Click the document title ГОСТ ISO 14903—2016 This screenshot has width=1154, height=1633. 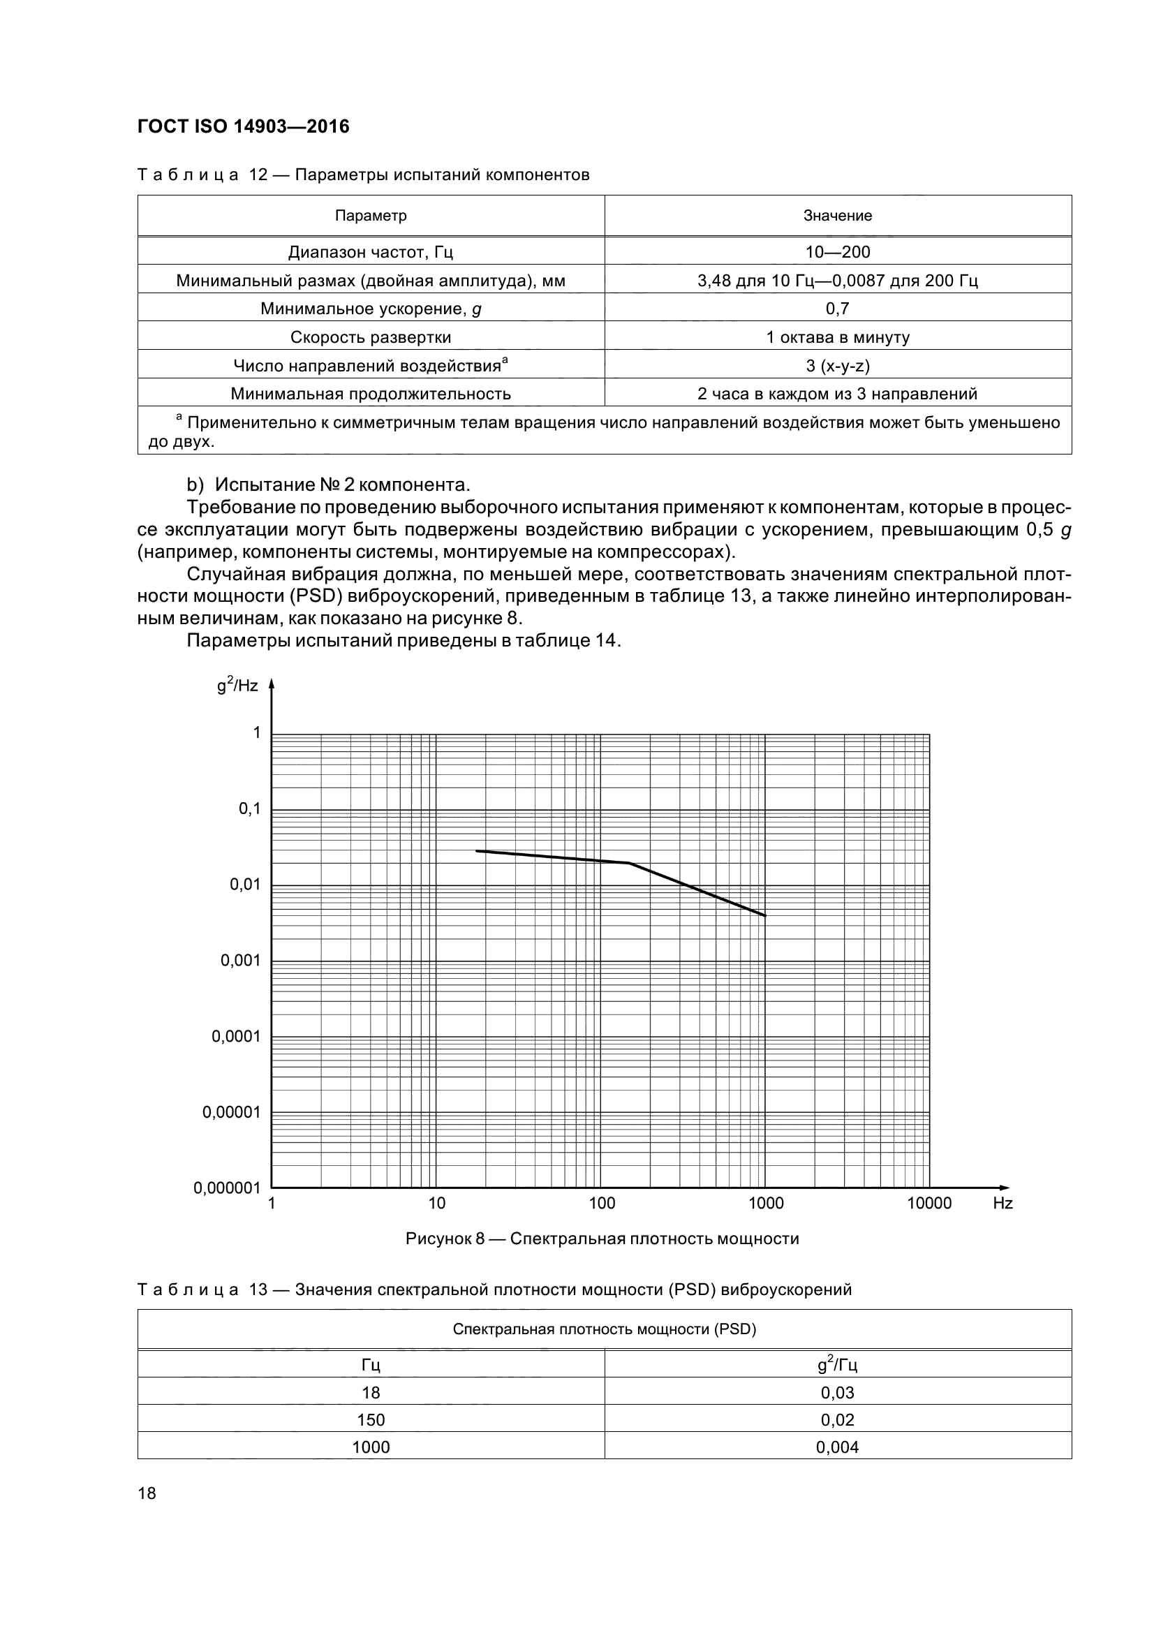[x=243, y=126]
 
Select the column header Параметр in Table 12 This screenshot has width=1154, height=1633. [x=371, y=216]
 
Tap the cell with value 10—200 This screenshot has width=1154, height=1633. [x=838, y=252]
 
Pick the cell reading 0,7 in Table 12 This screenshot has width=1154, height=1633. [x=838, y=308]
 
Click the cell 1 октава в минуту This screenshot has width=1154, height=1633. [x=838, y=337]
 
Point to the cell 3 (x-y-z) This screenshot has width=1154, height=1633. [x=838, y=366]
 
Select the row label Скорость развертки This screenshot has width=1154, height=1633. [x=371, y=337]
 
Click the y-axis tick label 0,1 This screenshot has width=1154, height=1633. [x=249, y=808]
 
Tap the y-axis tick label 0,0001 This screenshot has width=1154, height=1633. [x=236, y=1036]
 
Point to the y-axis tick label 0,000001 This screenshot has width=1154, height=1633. [x=227, y=1188]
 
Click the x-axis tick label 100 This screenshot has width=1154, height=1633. [x=602, y=1204]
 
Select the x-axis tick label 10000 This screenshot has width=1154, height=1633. [x=929, y=1204]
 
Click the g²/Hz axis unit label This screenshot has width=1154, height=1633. [x=237, y=686]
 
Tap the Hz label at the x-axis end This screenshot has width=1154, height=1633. [x=1003, y=1204]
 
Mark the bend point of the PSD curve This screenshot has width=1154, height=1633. [x=629, y=863]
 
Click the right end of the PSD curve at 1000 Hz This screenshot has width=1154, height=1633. [x=765, y=915]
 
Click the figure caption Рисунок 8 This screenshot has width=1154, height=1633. [x=602, y=1239]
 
